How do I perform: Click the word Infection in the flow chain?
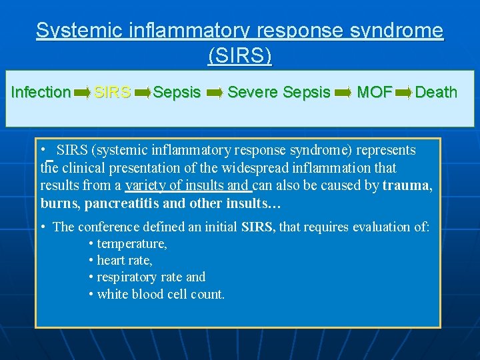point(41,92)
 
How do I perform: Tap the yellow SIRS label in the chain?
point(112,92)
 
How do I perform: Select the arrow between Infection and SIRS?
point(83,93)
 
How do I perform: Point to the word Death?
point(436,92)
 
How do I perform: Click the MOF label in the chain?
point(375,92)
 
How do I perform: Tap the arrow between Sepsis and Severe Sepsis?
point(215,93)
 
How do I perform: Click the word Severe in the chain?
point(253,92)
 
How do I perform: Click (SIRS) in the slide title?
point(240,55)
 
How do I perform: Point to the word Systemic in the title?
point(75,31)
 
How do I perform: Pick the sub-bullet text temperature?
point(132,244)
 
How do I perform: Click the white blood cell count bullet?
point(161,293)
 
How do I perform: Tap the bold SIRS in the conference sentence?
point(257,227)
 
